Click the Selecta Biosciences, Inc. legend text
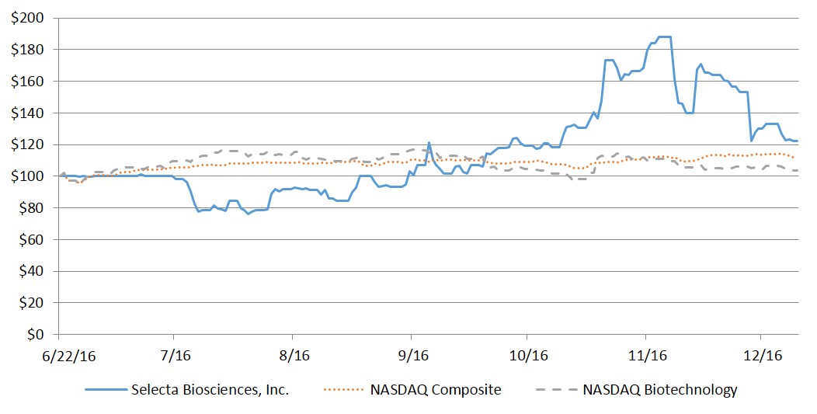tap(211, 390)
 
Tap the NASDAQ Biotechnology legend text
tap(659, 390)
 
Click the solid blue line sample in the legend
tap(99, 390)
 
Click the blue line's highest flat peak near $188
tap(664, 37)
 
